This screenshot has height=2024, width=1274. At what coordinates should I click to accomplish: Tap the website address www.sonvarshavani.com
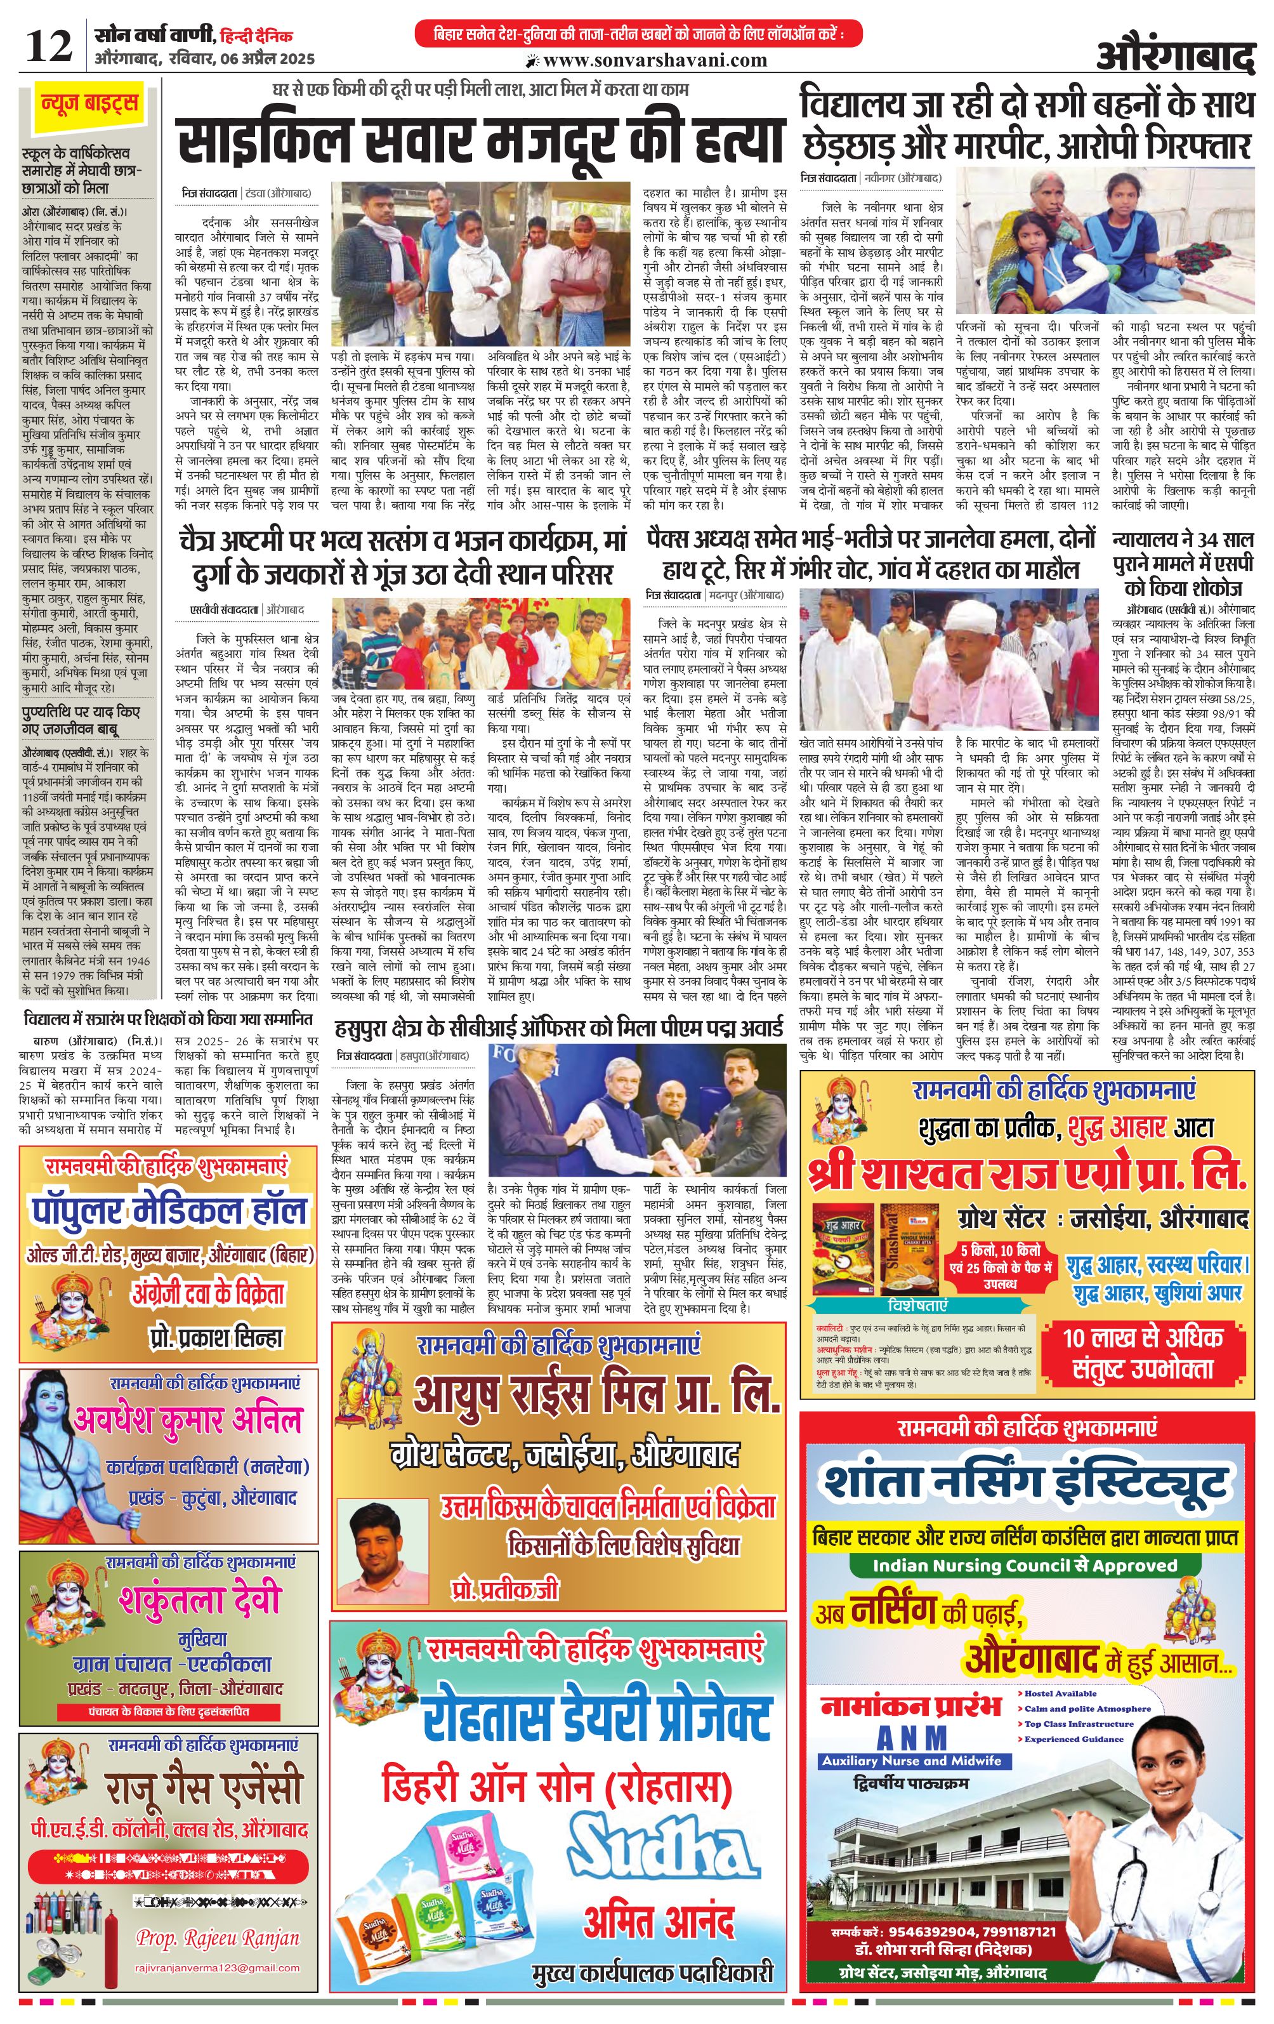click(655, 60)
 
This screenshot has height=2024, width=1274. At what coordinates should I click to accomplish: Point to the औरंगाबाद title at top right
click(1175, 58)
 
